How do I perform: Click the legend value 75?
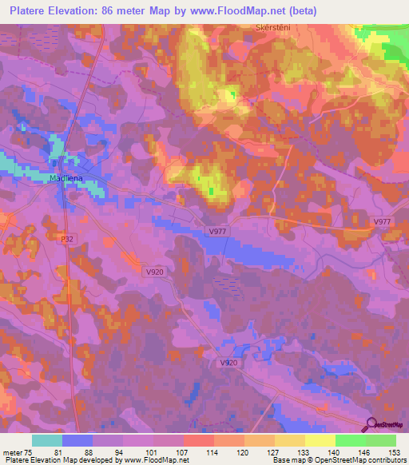point(29,452)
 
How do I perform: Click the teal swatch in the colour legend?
point(47,440)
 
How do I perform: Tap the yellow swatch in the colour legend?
point(320,440)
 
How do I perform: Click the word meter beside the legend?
point(11,452)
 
